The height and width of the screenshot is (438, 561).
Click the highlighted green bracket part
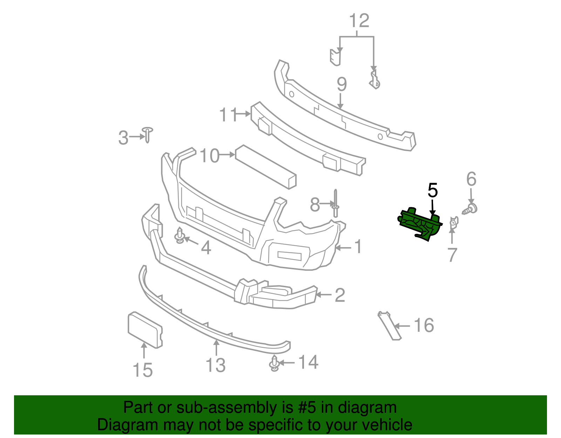tap(419, 224)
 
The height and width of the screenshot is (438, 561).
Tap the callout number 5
tap(433, 190)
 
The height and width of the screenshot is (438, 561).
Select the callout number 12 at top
tap(359, 21)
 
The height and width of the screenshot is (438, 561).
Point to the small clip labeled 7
tap(453, 223)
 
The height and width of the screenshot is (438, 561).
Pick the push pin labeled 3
tap(148, 134)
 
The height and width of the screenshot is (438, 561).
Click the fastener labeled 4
tap(180, 235)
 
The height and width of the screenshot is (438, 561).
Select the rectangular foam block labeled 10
tap(266, 167)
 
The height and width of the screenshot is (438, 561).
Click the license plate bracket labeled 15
tap(144, 330)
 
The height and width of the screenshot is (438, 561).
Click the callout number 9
tap(341, 85)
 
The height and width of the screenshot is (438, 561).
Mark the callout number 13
tap(215, 365)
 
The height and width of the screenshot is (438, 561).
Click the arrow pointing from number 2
tap(323, 295)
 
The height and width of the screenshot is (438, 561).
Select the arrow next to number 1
tap(343, 248)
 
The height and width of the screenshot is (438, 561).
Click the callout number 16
tap(424, 325)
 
